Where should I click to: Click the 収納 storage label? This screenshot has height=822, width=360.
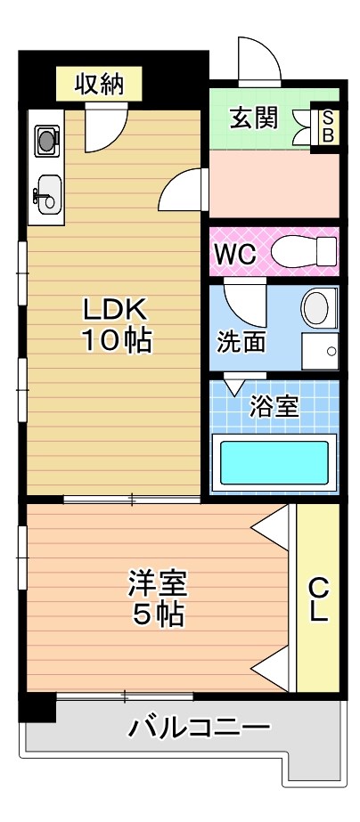[x=98, y=85]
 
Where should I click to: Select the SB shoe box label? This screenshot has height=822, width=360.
[x=327, y=126]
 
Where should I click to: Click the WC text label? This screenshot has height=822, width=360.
[x=234, y=253]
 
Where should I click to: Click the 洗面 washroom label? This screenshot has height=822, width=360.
[x=241, y=341]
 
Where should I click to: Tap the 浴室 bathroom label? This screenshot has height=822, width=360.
[x=273, y=406]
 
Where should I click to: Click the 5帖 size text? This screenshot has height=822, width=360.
[x=157, y=614]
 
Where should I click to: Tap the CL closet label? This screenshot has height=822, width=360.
[x=318, y=599]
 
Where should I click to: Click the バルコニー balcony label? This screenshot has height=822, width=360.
[x=198, y=728]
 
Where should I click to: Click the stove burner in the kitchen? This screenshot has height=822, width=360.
[x=45, y=138]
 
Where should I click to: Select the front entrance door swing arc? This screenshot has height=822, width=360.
[x=258, y=61]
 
